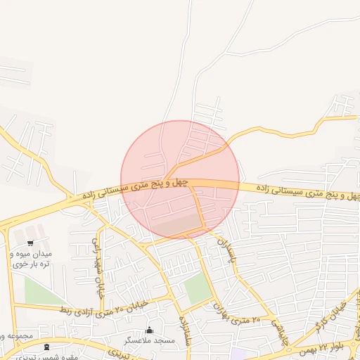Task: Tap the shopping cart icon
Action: tap(30, 243)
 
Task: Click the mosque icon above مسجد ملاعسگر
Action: tap(149, 330)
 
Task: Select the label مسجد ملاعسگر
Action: tap(149, 340)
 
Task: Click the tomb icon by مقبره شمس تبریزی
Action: tap(46, 347)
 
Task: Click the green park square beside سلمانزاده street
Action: tap(198, 288)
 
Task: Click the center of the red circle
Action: tap(180, 179)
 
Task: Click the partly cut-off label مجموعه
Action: tap(15, 336)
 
